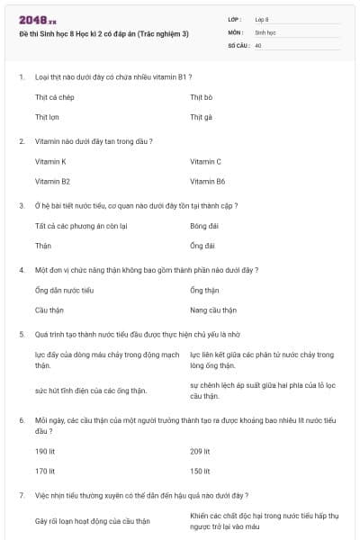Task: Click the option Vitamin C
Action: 205,161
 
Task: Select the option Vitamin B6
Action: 207,182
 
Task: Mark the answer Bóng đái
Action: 204,225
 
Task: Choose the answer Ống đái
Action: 202,246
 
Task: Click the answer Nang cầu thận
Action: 213,310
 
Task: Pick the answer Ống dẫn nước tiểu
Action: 64,290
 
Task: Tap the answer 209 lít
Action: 200,451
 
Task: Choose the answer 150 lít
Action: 200,471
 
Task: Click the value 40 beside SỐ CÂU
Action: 258,44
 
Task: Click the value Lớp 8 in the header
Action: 262,19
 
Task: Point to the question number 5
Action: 21,333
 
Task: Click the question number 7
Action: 21,495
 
